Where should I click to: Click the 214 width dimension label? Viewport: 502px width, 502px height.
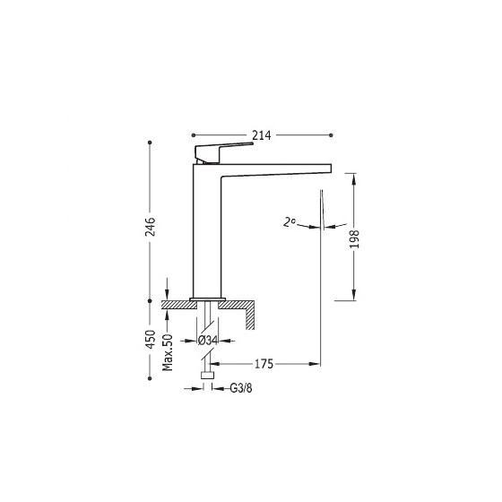(261, 135)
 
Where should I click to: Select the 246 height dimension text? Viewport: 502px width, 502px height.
(151, 227)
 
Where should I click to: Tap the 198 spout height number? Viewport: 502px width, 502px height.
(354, 238)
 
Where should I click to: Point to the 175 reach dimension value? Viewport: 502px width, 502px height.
(264, 364)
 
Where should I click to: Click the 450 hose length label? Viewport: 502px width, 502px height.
(151, 340)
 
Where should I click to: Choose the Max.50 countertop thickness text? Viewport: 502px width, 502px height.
(167, 352)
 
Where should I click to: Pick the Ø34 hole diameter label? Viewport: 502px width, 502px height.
(207, 341)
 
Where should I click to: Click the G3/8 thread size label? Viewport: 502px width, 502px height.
(241, 388)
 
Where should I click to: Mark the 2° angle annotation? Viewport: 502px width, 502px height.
(289, 222)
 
